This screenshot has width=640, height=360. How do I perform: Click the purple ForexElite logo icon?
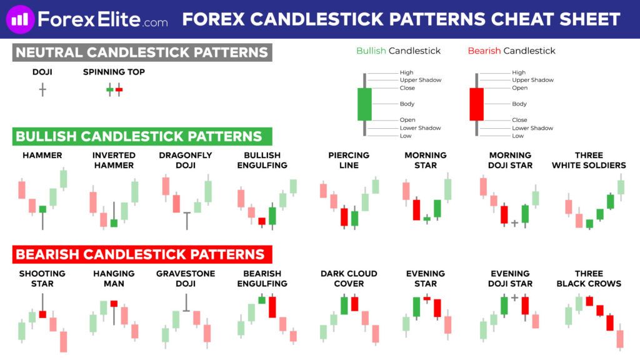click(20, 19)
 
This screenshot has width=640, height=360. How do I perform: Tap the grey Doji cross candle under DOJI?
click(42, 90)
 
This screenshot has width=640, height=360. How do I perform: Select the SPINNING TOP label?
click(114, 72)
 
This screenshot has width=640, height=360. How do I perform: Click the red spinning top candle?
click(119, 89)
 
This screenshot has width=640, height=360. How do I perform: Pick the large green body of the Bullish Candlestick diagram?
click(364, 104)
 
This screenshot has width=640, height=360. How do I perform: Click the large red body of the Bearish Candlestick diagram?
click(476, 104)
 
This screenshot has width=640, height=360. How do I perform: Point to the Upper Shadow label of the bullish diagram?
click(421, 80)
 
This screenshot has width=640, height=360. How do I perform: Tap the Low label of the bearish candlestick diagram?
click(517, 136)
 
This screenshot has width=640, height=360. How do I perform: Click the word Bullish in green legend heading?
click(371, 51)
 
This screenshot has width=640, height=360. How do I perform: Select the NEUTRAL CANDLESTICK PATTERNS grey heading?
click(142, 52)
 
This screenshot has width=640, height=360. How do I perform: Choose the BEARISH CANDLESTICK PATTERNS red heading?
click(142, 254)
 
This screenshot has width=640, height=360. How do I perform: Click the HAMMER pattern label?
click(42, 156)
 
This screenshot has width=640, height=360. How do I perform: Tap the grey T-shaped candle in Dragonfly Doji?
click(187, 221)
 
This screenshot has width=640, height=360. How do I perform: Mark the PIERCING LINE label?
click(349, 161)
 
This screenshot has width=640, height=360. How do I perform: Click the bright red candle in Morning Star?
click(416, 209)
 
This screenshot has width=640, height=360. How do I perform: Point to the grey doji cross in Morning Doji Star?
click(515, 223)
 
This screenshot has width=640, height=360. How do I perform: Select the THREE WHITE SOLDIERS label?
click(589, 161)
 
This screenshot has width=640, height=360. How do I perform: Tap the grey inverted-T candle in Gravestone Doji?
click(186, 303)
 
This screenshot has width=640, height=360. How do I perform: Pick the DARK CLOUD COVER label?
click(349, 278)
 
